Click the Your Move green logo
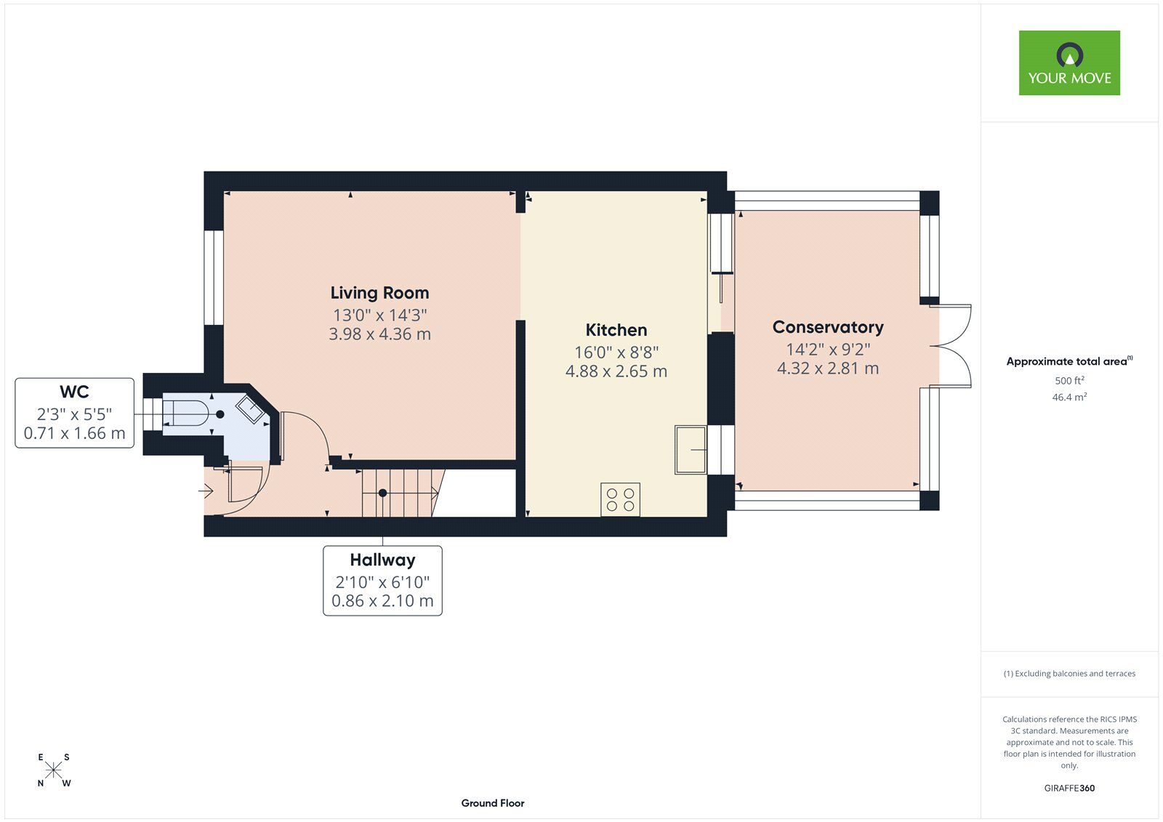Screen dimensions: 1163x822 (1069, 63)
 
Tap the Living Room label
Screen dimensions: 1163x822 (379, 293)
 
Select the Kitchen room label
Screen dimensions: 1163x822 (616, 330)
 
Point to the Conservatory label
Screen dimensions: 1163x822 (828, 327)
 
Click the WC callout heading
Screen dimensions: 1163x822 (74, 392)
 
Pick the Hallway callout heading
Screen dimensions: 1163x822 (382, 560)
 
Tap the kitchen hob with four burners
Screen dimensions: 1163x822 (620, 499)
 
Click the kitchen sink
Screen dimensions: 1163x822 (691, 450)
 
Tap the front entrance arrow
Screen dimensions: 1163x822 (206, 490)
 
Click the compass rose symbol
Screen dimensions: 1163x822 (54, 770)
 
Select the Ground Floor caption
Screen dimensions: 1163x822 (493, 803)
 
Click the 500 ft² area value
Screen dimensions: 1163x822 (1069, 380)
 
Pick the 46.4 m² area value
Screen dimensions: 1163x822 (1069, 397)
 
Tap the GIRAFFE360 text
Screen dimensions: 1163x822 (1069, 788)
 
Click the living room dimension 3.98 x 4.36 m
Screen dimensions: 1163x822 (379, 334)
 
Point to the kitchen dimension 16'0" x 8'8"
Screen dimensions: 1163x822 (616, 352)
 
